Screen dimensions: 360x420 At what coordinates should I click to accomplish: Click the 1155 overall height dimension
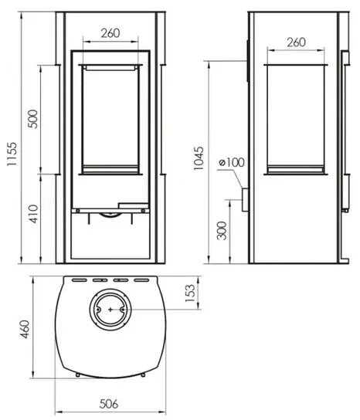tap(12, 154)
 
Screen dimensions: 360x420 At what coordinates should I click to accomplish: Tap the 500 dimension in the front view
tap(33, 119)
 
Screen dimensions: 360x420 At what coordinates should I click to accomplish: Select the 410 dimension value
tap(33, 214)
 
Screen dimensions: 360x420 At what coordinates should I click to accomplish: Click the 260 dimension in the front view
tap(110, 33)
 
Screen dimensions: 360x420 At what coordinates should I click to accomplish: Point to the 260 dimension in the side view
tap(296, 42)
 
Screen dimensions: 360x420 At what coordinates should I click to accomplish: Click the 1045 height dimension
tap(199, 158)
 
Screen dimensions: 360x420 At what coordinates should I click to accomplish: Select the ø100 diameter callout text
tap(232, 162)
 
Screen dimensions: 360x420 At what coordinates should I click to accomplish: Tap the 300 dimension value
tap(222, 231)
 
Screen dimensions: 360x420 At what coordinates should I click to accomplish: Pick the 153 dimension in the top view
tap(190, 293)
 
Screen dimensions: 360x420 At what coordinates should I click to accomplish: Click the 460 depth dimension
tap(25, 329)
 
